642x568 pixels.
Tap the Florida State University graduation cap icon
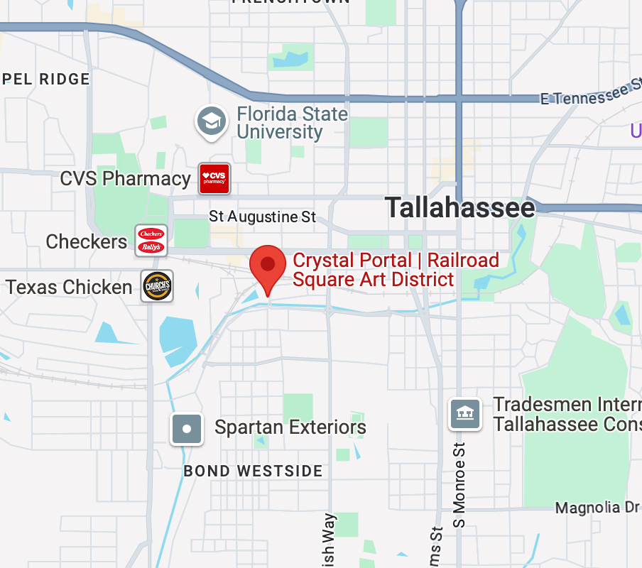(x=212, y=121)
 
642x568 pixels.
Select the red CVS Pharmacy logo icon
(x=214, y=177)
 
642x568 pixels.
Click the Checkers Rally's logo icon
(x=151, y=241)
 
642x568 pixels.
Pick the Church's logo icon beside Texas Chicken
(x=157, y=286)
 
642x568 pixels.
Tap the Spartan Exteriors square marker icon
(x=187, y=429)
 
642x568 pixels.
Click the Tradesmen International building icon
(x=465, y=413)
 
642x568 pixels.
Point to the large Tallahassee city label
(x=459, y=208)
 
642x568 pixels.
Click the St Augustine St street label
(x=263, y=216)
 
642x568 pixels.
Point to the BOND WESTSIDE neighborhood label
(x=253, y=471)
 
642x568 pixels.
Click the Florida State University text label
(x=292, y=123)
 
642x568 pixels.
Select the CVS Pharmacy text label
(x=125, y=178)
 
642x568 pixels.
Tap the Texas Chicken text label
(x=69, y=287)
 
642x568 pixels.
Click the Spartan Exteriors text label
(x=290, y=427)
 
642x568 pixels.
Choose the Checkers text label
(x=86, y=241)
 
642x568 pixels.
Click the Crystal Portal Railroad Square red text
(x=396, y=270)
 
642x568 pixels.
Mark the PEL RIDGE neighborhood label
(x=45, y=79)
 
